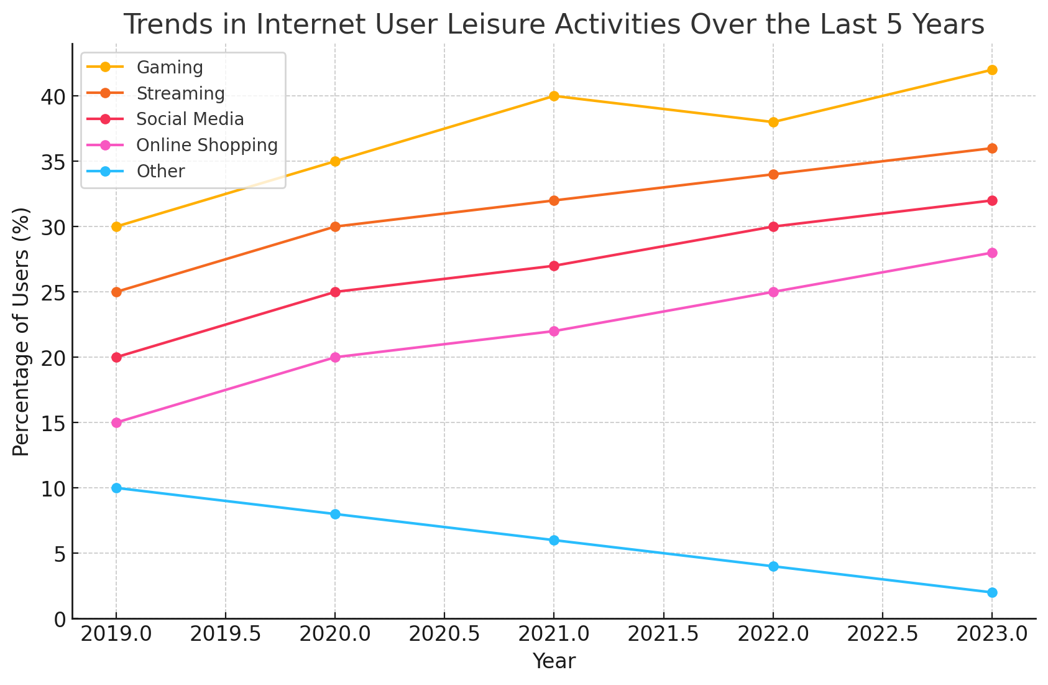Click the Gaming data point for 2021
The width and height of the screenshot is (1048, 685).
[554, 96]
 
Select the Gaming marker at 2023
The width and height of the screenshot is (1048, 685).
[992, 70]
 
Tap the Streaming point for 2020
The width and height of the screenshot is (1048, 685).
[335, 226]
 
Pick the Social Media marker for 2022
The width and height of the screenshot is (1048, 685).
[773, 226]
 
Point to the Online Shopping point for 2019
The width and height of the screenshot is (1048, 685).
[116, 422]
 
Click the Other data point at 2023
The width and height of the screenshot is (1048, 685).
[992, 592]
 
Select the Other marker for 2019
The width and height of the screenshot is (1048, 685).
[116, 488]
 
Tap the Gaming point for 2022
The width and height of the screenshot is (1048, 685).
[773, 122]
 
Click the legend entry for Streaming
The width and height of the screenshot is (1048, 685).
[180, 93]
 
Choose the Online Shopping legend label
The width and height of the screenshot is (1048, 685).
[206, 145]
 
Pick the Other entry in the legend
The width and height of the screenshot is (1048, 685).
[160, 171]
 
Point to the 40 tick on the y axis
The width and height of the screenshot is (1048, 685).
[52, 96]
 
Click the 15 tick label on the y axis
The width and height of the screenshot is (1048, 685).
[52, 423]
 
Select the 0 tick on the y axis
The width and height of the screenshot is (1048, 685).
[59, 619]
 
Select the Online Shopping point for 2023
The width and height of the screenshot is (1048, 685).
[992, 253]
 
